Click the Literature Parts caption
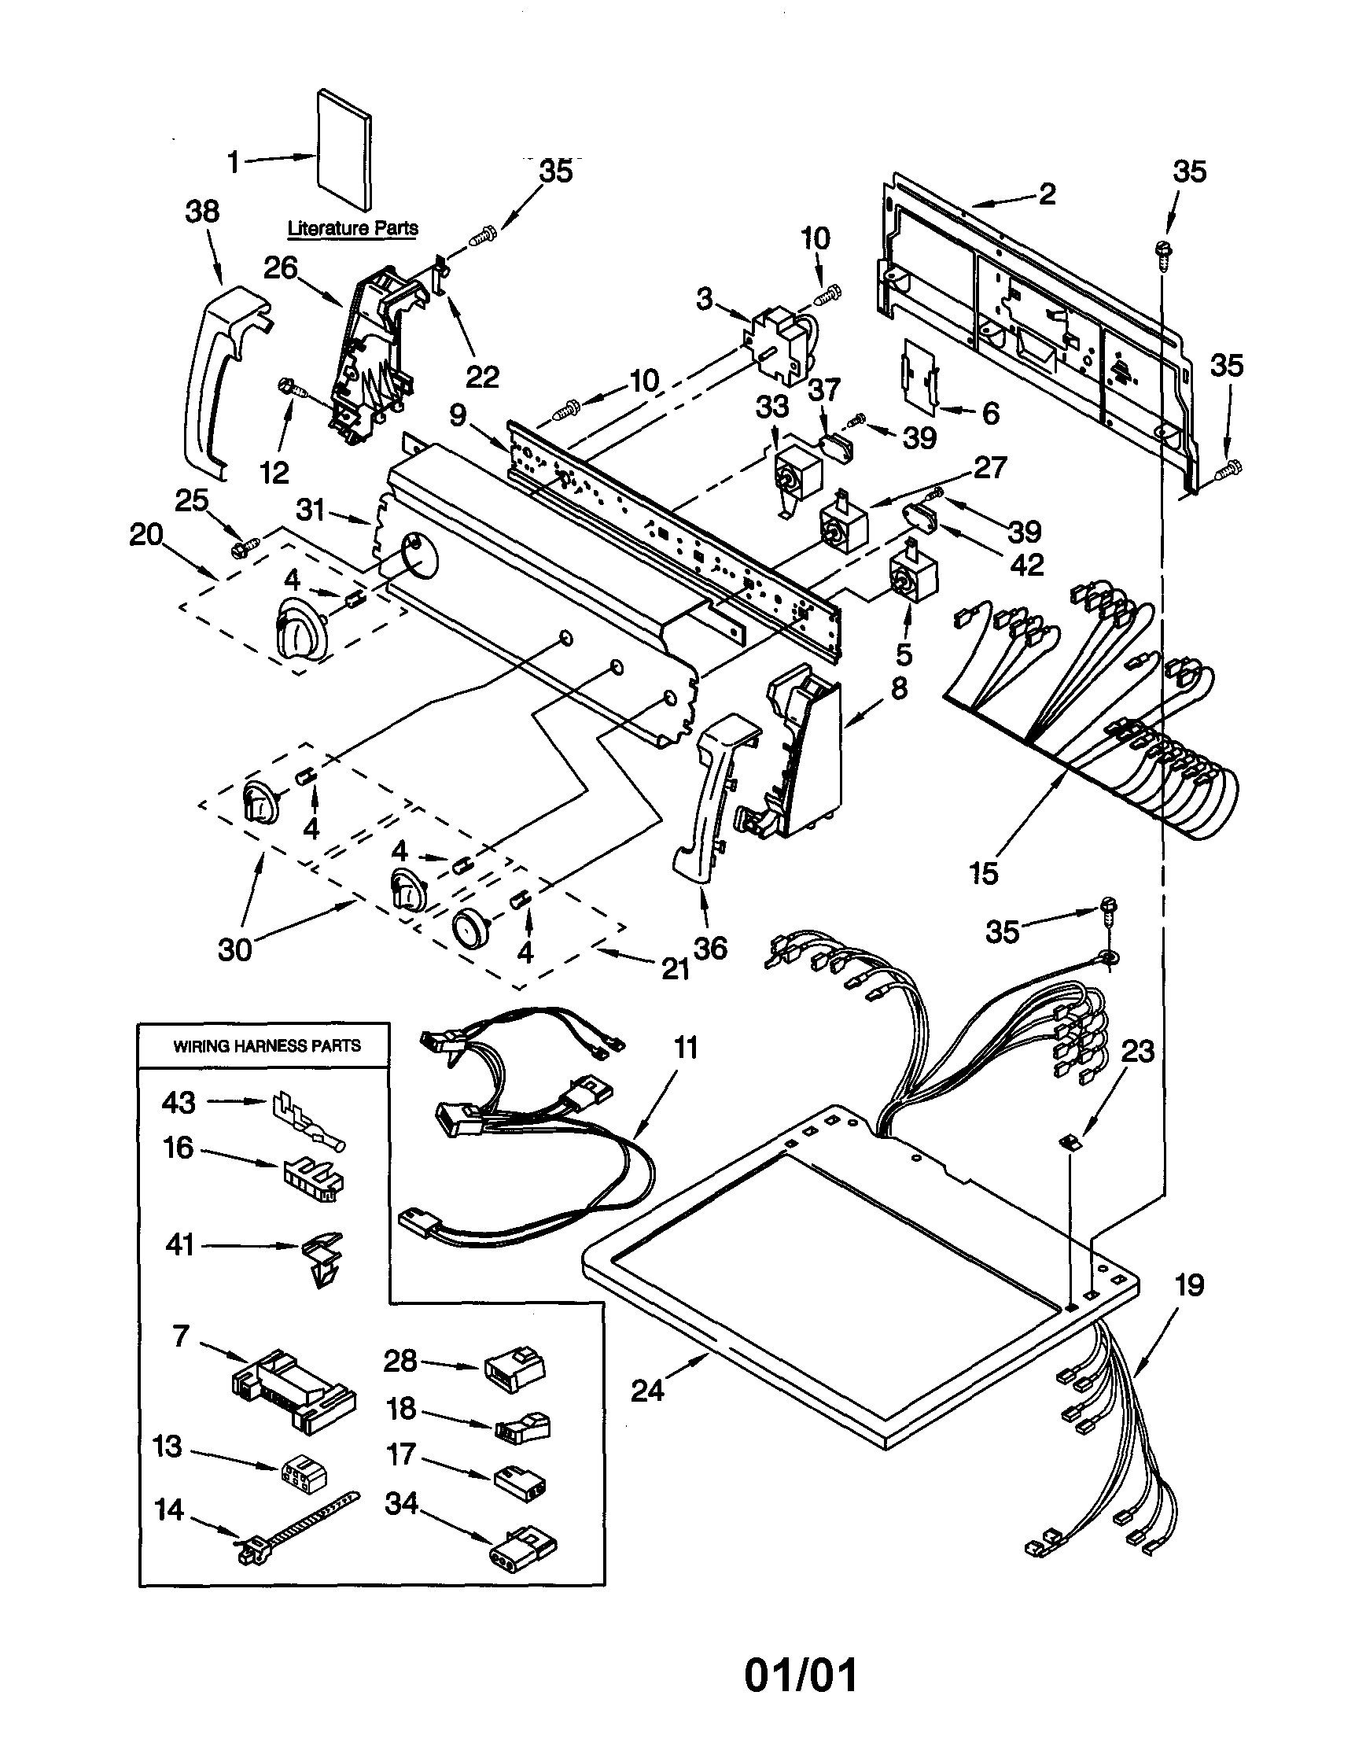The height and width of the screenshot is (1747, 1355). point(353,229)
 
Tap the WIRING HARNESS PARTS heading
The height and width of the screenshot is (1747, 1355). point(267,1046)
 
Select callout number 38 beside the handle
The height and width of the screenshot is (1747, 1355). point(202,212)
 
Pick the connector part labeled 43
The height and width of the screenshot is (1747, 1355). point(306,1122)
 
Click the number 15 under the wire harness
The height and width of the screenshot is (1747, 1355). point(984,872)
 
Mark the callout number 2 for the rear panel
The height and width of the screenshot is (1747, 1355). point(1046,193)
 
